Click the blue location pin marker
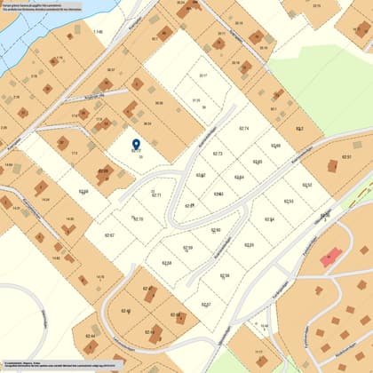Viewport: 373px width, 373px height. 136,144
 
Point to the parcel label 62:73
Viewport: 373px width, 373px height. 218,154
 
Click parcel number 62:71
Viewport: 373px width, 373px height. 156,194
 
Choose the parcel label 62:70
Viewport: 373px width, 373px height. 138,218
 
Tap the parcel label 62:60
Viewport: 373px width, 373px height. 216,230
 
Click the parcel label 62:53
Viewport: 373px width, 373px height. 289,202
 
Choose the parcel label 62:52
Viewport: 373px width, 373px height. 306,185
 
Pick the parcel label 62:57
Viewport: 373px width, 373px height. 206,305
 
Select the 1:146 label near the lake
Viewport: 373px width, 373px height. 98,31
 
